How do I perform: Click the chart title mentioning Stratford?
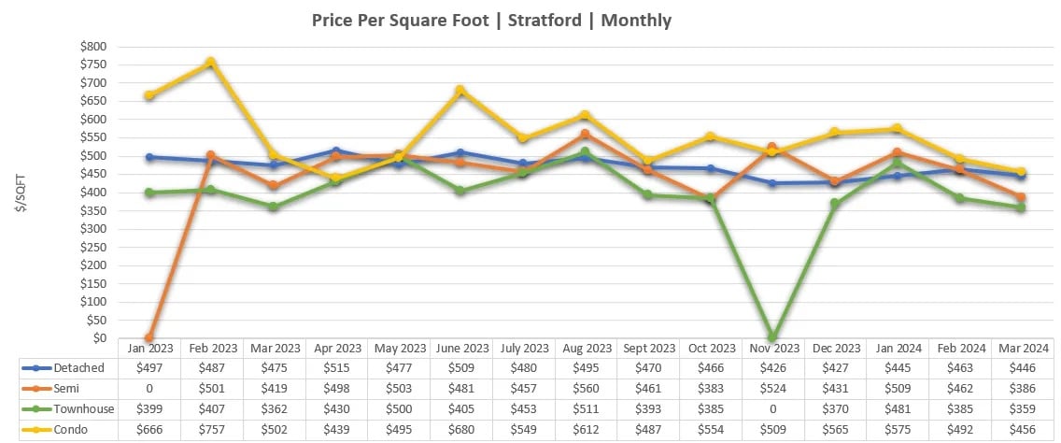pyautogui.click(x=490, y=20)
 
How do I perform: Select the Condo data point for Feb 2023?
pyautogui.click(x=211, y=63)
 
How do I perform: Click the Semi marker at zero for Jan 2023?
pyautogui.click(x=149, y=337)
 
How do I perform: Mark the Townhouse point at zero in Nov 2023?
pyautogui.click(x=772, y=336)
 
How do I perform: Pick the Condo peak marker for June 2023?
pyautogui.click(x=460, y=91)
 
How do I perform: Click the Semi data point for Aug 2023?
pyautogui.click(x=585, y=135)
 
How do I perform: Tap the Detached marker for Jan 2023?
pyautogui.click(x=149, y=157)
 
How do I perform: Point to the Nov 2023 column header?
pyautogui.click(x=772, y=348)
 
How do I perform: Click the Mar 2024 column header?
pyautogui.click(x=1021, y=348)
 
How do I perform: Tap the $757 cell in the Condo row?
pyautogui.click(x=211, y=431)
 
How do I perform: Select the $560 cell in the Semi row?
pyautogui.click(x=585, y=389)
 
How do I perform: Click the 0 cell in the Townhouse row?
pyautogui.click(x=772, y=410)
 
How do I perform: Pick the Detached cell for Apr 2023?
pyautogui.click(x=335, y=368)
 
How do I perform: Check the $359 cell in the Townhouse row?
pyautogui.click(x=1021, y=410)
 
